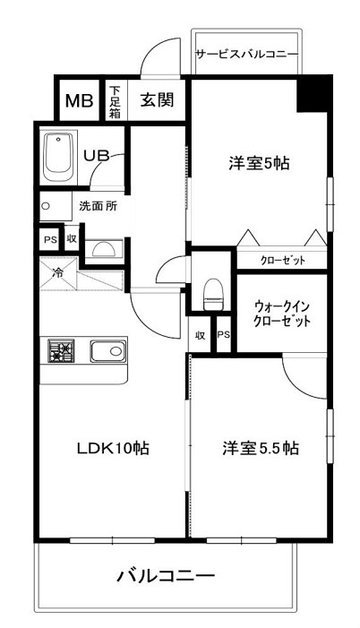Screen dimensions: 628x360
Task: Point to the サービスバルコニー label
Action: (246, 55)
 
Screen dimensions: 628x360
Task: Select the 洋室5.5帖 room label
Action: (261, 449)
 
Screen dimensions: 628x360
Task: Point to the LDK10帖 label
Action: (112, 449)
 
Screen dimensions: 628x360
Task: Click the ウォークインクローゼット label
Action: (281, 313)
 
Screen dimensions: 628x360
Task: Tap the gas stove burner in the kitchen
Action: (63, 352)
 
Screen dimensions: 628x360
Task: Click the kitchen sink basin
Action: (106, 351)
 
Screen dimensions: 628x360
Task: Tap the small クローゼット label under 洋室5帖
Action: (282, 260)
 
